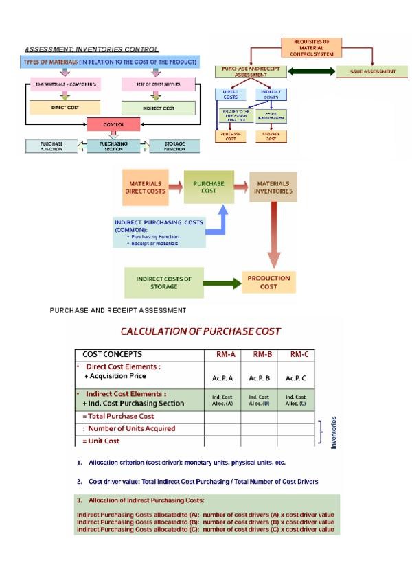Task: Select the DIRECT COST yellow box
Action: coord(63,108)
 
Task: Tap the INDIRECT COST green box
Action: coord(157,108)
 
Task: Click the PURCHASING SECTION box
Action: coord(113,146)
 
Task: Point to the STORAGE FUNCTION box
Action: coord(173,146)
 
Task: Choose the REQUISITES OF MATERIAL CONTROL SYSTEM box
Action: coord(312,47)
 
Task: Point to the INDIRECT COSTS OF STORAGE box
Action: coord(164,282)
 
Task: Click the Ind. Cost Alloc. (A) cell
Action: coord(222,400)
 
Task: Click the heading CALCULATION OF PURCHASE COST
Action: coord(201,331)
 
